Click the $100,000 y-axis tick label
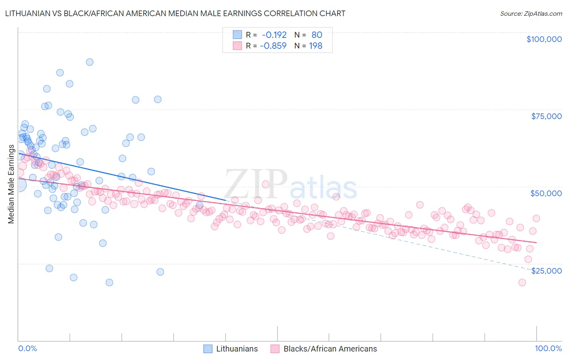click(x=544, y=39)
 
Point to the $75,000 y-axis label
click(x=546, y=116)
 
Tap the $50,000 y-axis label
click(x=546, y=193)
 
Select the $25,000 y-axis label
click(x=546, y=271)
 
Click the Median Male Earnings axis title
click(x=11, y=184)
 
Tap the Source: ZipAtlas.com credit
click(x=531, y=14)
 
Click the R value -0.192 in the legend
click(x=274, y=35)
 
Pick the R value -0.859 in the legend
click(x=273, y=46)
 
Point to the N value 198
click(x=315, y=46)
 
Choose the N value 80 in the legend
click(x=317, y=35)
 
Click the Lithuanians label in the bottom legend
click(x=237, y=349)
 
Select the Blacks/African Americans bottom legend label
click(x=330, y=349)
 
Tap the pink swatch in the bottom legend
click(x=275, y=349)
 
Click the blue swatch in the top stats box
click(x=237, y=35)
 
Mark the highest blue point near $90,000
click(x=90, y=62)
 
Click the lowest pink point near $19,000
click(x=522, y=283)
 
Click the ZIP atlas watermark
click(x=290, y=185)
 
